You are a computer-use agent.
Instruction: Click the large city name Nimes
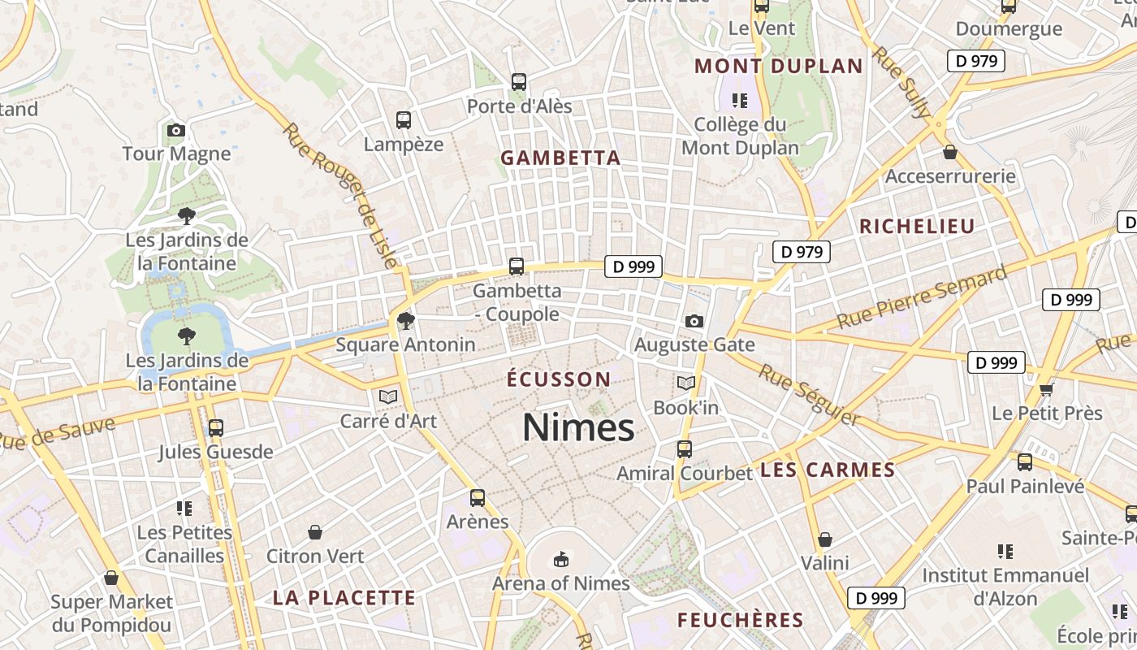click(577, 427)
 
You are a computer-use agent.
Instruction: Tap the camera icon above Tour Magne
click(176, 130)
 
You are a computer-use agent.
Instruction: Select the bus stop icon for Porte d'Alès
click(519, 82)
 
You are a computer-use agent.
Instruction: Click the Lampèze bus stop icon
click(404, 120)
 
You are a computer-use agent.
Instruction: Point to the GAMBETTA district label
click(560, 158)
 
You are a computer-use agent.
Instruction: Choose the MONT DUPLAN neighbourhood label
click(779, 66)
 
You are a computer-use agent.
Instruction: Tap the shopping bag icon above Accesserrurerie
click(949, 152)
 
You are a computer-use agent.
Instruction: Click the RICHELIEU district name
click(917, 227)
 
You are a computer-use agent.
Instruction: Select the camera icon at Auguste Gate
click(694, 321)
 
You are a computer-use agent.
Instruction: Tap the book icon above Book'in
click(686, 383)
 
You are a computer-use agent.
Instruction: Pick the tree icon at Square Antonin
click(405, 321)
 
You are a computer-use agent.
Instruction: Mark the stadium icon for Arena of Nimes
click(560, 559)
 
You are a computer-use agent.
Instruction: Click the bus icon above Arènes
click(478, 497)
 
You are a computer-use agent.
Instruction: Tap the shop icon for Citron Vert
click(315, 532)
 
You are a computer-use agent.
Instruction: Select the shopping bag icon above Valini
click(825, 539)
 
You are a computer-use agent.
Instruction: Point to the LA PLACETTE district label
click(344, 599)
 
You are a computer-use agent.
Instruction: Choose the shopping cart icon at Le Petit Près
click(1046, 389)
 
